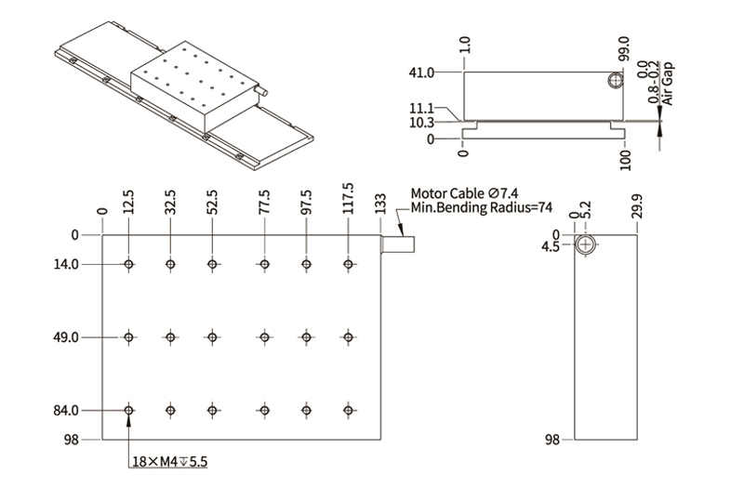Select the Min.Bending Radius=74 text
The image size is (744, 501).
(482, 207)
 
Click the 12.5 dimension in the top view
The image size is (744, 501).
(128, 202)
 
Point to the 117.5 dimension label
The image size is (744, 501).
(348, 198)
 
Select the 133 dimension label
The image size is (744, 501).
(380, 204)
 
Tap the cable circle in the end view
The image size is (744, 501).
(586, 245)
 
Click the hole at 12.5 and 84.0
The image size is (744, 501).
(129, 410)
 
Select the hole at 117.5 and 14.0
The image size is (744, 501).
(348, 265)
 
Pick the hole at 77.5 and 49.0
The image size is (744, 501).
(265, 336)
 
